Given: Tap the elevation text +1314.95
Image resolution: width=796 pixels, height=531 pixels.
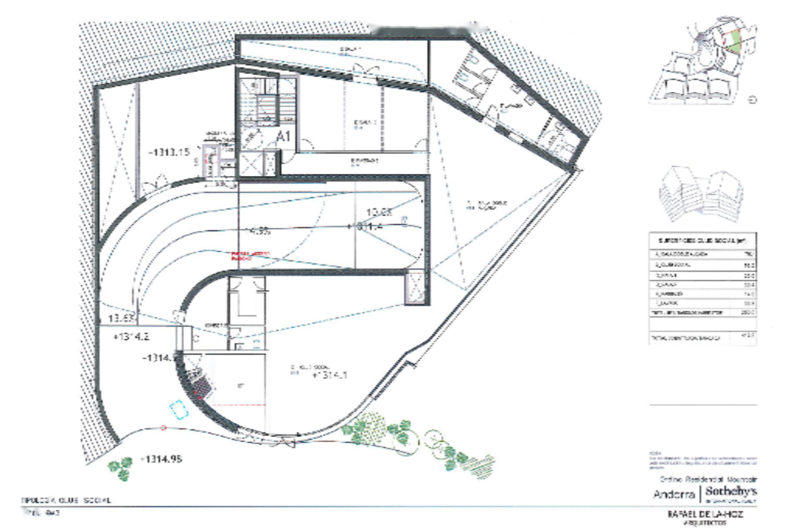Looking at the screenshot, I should click(x=160, y=459).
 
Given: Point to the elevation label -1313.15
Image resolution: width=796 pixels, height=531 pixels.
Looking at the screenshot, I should click(x=169, y=152).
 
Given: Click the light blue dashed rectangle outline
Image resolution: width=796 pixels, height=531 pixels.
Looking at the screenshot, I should click(x=180, y=411).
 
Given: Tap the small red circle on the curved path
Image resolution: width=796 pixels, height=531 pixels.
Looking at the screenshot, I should click(x=164, y=428).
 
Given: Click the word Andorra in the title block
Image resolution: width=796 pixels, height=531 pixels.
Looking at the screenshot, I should click(x=675, y=496).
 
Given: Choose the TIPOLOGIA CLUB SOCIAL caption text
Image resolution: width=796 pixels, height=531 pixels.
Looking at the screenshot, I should click(x=67, y=500).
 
